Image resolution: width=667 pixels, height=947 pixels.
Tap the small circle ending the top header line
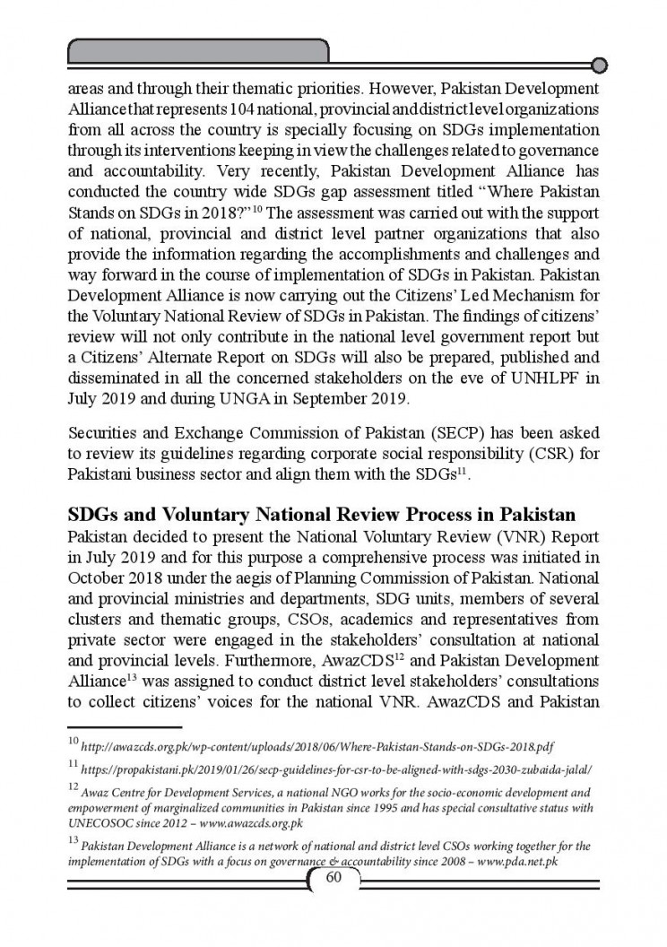(x=601, y=65)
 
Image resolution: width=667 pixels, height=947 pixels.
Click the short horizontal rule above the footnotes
(x=125, y=727)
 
